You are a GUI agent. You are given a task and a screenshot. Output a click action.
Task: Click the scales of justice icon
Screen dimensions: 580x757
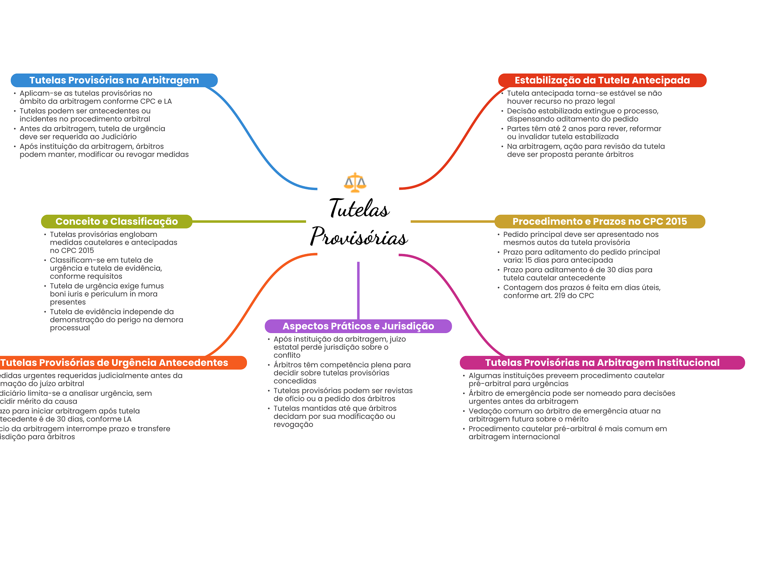pos(355,182)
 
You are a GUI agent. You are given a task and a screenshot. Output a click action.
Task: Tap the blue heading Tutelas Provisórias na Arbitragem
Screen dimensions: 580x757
pos(114,80)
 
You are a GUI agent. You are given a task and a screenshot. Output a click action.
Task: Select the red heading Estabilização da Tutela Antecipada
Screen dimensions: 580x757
pos(602,80)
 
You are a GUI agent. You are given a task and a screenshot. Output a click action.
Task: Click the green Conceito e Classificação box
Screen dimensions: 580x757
pos(116,221)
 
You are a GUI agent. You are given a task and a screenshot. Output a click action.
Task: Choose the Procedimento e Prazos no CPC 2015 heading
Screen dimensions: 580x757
pos(600,221)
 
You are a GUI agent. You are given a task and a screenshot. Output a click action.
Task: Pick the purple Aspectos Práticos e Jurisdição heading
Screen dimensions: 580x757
pos(358,326)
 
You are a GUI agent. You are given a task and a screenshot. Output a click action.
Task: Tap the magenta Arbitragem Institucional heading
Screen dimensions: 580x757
pos(602,363)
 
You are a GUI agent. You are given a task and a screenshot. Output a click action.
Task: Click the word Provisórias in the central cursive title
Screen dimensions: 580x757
pos(359,237)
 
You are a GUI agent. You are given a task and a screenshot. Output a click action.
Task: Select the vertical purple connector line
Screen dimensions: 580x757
pos(358,290)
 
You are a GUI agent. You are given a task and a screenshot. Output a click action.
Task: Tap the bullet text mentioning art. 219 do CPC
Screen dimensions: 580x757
pos(581,291)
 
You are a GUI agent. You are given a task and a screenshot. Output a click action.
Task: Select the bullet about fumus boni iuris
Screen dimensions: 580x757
pos(106,294)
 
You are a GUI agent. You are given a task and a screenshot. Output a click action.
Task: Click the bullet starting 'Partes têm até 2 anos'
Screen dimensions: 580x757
pos(584,133)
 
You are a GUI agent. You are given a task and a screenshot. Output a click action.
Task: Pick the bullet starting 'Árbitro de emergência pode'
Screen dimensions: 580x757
pos(571,397)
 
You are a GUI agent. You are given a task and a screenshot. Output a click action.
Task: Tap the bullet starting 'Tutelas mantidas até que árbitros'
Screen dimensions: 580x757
pos(335,416)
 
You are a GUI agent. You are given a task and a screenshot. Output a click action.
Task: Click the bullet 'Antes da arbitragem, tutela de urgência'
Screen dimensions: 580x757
pos(92,133)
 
